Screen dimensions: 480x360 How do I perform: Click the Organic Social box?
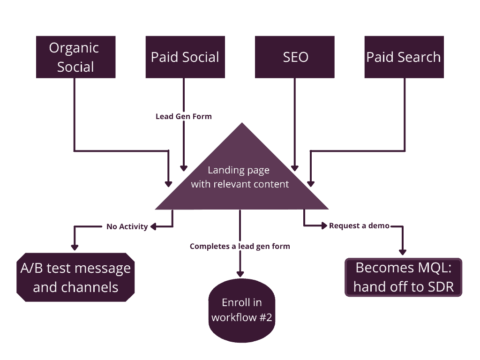point(75,57)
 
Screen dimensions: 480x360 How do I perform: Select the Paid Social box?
point(185,57)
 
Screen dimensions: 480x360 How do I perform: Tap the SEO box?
point(294,57)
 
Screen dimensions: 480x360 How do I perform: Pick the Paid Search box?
point(404,57)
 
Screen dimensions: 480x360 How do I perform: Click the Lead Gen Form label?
point(184,116)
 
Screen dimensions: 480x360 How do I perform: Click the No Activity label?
point(127,226)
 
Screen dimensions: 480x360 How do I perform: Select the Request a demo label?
point(359,225)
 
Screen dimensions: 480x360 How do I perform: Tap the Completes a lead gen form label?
point(240,246)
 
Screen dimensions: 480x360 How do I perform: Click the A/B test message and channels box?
point(75,277)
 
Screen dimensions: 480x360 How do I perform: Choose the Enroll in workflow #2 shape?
point(242,310)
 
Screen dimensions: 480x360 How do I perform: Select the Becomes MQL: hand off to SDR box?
point(404,277)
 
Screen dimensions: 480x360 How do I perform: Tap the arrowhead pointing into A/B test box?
point(75,247)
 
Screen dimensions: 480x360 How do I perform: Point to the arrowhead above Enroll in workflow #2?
point(240,274)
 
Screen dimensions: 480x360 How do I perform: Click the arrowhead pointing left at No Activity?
point(153,226)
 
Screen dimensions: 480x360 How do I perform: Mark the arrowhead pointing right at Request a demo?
point(324,225)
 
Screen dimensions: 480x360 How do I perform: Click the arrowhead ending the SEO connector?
point(294,168)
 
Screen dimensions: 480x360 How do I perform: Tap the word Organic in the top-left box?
point(74,48)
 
